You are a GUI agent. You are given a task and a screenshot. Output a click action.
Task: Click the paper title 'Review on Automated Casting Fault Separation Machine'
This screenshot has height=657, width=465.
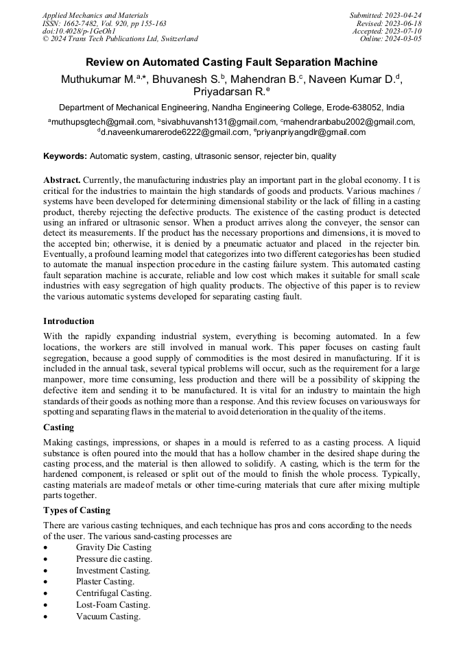pyautogui.click(x=232, y=62)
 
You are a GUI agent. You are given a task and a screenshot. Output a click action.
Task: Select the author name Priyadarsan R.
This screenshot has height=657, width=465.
pyautogui.click(x=231, y=92)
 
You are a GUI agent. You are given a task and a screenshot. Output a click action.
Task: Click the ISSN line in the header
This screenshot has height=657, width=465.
pyautogui.click(x=104, y=23)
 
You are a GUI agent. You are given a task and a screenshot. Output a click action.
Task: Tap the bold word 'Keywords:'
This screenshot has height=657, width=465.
pyautogui.click(x=65, y=156)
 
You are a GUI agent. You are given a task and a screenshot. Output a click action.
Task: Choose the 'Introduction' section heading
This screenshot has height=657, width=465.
pyautogui.click(x=69, y=321)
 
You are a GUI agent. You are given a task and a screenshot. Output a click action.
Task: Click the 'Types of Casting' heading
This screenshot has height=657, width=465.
pyautogui.click(x=76, y=511)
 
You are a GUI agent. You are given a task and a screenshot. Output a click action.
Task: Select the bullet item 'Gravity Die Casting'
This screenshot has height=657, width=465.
pyautogui.click(x=114, y=547)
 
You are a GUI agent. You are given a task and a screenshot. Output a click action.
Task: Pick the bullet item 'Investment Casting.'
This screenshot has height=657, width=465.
pyautogui.click(x=113, y=571)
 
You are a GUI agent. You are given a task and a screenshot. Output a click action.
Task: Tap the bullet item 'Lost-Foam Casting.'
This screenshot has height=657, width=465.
pyautogui.click(x=112, y=605)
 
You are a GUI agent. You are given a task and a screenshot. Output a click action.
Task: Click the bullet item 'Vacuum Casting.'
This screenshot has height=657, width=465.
pyautogui.click(x=108, y=617)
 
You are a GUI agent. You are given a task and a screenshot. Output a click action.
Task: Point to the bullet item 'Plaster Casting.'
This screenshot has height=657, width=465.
pyautogui.click(x=105, y=582)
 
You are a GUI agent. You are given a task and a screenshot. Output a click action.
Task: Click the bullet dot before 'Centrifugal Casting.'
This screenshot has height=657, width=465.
pyautogui.click(x=45, y=594)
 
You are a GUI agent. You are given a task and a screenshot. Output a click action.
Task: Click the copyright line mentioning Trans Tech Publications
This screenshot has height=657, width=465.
pyautogui.click(x=120, y=39)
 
